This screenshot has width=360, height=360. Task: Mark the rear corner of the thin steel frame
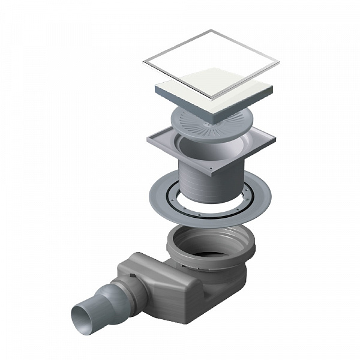click(x=209, y=31)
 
